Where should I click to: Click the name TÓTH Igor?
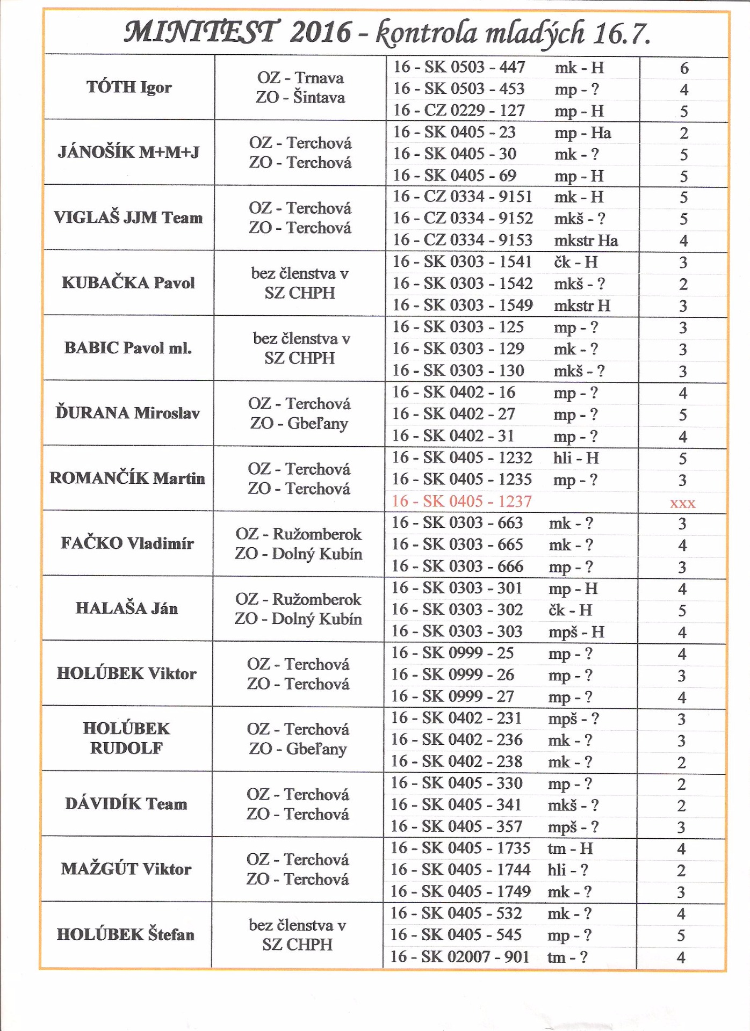click(129, 87)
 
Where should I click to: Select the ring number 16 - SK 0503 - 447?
click(459, 67)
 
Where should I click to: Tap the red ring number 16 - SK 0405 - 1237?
click(461, 501)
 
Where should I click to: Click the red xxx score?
click(682, 503)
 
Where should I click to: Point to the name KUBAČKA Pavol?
click(128, 282)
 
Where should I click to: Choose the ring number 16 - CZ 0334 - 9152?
click(462, 218)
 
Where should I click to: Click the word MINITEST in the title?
click(201, 32)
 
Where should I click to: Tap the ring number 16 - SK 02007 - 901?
click(459, 956)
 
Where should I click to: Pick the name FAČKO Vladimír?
click(127, 543)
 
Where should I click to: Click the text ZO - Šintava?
click(300, 97)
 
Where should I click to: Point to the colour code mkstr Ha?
click(586, 240)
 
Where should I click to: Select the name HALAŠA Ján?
click(126, 608)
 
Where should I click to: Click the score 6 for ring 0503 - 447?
click(684, 68)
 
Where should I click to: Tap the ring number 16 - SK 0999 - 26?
click(452, 674)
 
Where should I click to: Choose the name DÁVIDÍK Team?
click(126, 803)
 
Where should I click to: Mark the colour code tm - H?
click(570, 848)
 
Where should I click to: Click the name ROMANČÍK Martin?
click(127, 478)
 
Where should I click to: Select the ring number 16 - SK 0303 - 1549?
click(462, 305)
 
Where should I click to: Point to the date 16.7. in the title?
click(622, 33)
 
